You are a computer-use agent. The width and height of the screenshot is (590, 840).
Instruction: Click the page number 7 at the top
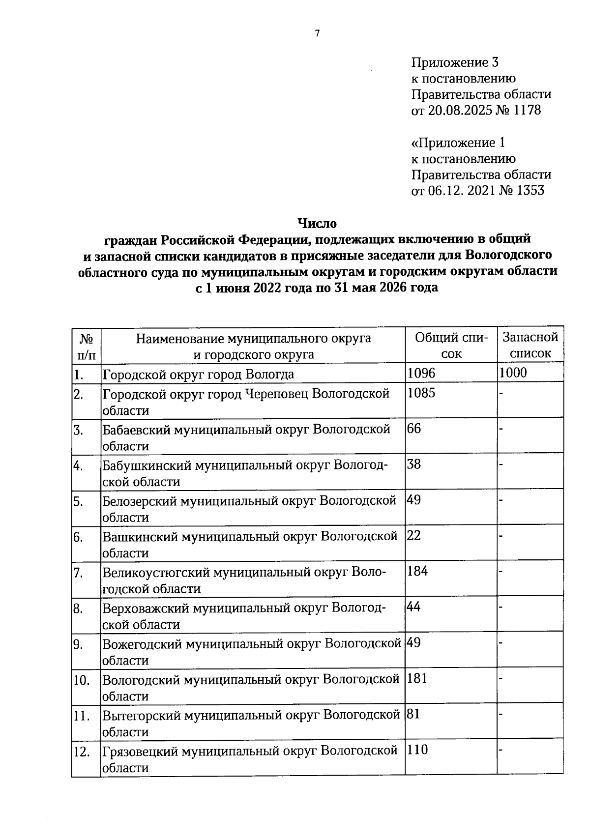tap(317, 33)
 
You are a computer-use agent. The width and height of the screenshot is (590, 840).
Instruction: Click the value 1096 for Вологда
tap(421, 373)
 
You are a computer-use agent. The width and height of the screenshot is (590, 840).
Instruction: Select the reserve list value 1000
tap(513, 373)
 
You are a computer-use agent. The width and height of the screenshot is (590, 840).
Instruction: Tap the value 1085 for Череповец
tap(421, 393)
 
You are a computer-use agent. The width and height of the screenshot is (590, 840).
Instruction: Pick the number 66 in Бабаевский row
tap(414, 429)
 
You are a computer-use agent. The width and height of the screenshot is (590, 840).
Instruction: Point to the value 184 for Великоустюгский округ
tap(417, 571)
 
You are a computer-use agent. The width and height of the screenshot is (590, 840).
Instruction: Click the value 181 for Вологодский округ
tap(417, 679)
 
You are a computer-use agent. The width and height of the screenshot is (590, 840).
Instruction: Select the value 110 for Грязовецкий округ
tap(418, 750)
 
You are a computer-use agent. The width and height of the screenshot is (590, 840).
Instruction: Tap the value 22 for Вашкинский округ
tap(414, 535)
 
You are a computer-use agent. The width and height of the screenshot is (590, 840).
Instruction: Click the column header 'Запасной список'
tap(531, 345)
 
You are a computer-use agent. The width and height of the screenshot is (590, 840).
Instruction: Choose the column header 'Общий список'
tap(451, 345)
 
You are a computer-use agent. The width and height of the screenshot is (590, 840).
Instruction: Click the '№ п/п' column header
tap(87, 346)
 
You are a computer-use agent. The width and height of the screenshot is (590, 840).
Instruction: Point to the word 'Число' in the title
tap(317, 224)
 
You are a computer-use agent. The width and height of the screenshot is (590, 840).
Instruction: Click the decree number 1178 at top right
tap(527, 110)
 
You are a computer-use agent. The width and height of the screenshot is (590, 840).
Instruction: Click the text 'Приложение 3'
tap(455, 62)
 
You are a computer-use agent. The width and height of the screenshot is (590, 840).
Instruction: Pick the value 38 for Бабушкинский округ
tap(414, 464)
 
